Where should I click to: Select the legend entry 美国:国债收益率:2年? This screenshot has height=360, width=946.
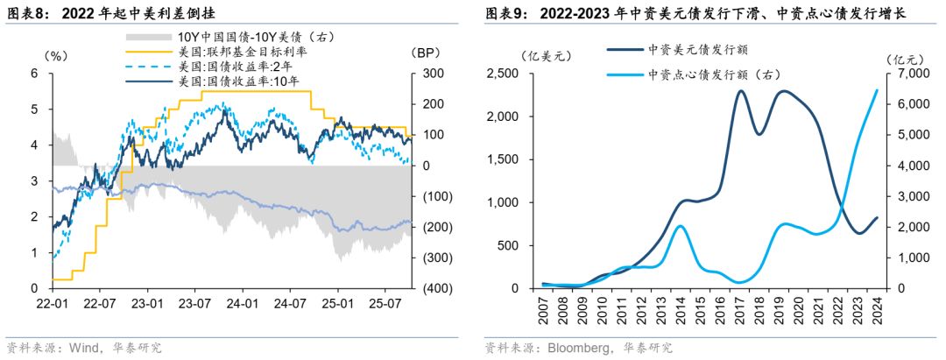coord(236,67)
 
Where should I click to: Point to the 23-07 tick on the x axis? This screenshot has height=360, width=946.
coord(195,305)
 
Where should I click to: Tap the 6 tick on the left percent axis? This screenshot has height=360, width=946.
coord(34,74)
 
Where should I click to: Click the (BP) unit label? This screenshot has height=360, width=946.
coord(427,54)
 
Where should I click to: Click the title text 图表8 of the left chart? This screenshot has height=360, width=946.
coord(24,13)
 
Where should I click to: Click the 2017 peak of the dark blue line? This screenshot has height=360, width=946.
coord(741,91)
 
